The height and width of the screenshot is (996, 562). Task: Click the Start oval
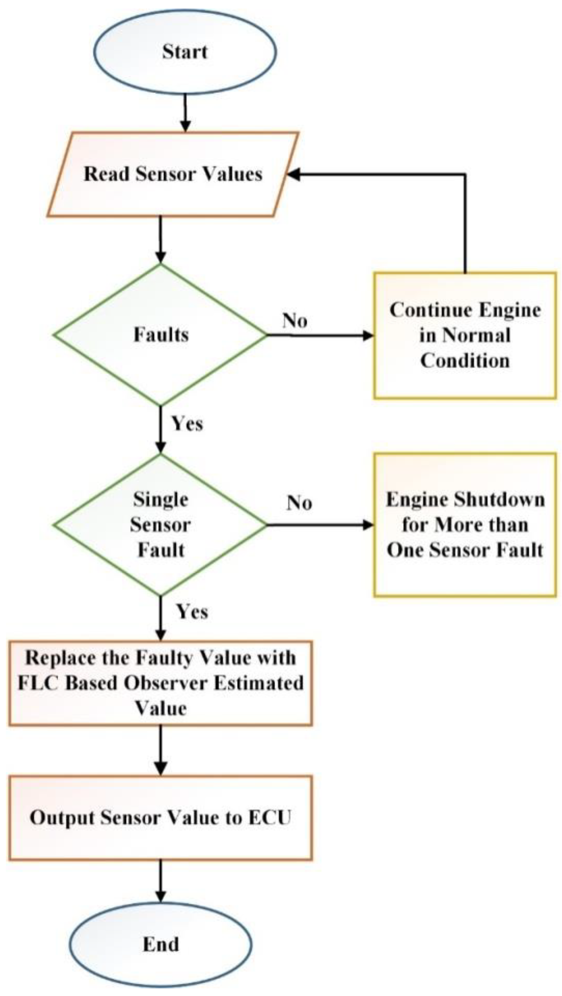pos(185,52)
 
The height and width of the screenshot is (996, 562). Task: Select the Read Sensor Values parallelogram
pos(173,174)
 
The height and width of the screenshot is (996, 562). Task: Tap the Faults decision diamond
pos(161,335)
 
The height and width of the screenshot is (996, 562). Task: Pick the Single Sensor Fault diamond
pos(161,525)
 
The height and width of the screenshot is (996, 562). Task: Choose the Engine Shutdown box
pos(465,525)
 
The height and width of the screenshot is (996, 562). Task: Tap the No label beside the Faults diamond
pos(295,320)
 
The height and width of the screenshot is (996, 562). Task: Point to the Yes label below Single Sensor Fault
pos(192,612)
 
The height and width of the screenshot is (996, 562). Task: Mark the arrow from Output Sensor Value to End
pos(161,881)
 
